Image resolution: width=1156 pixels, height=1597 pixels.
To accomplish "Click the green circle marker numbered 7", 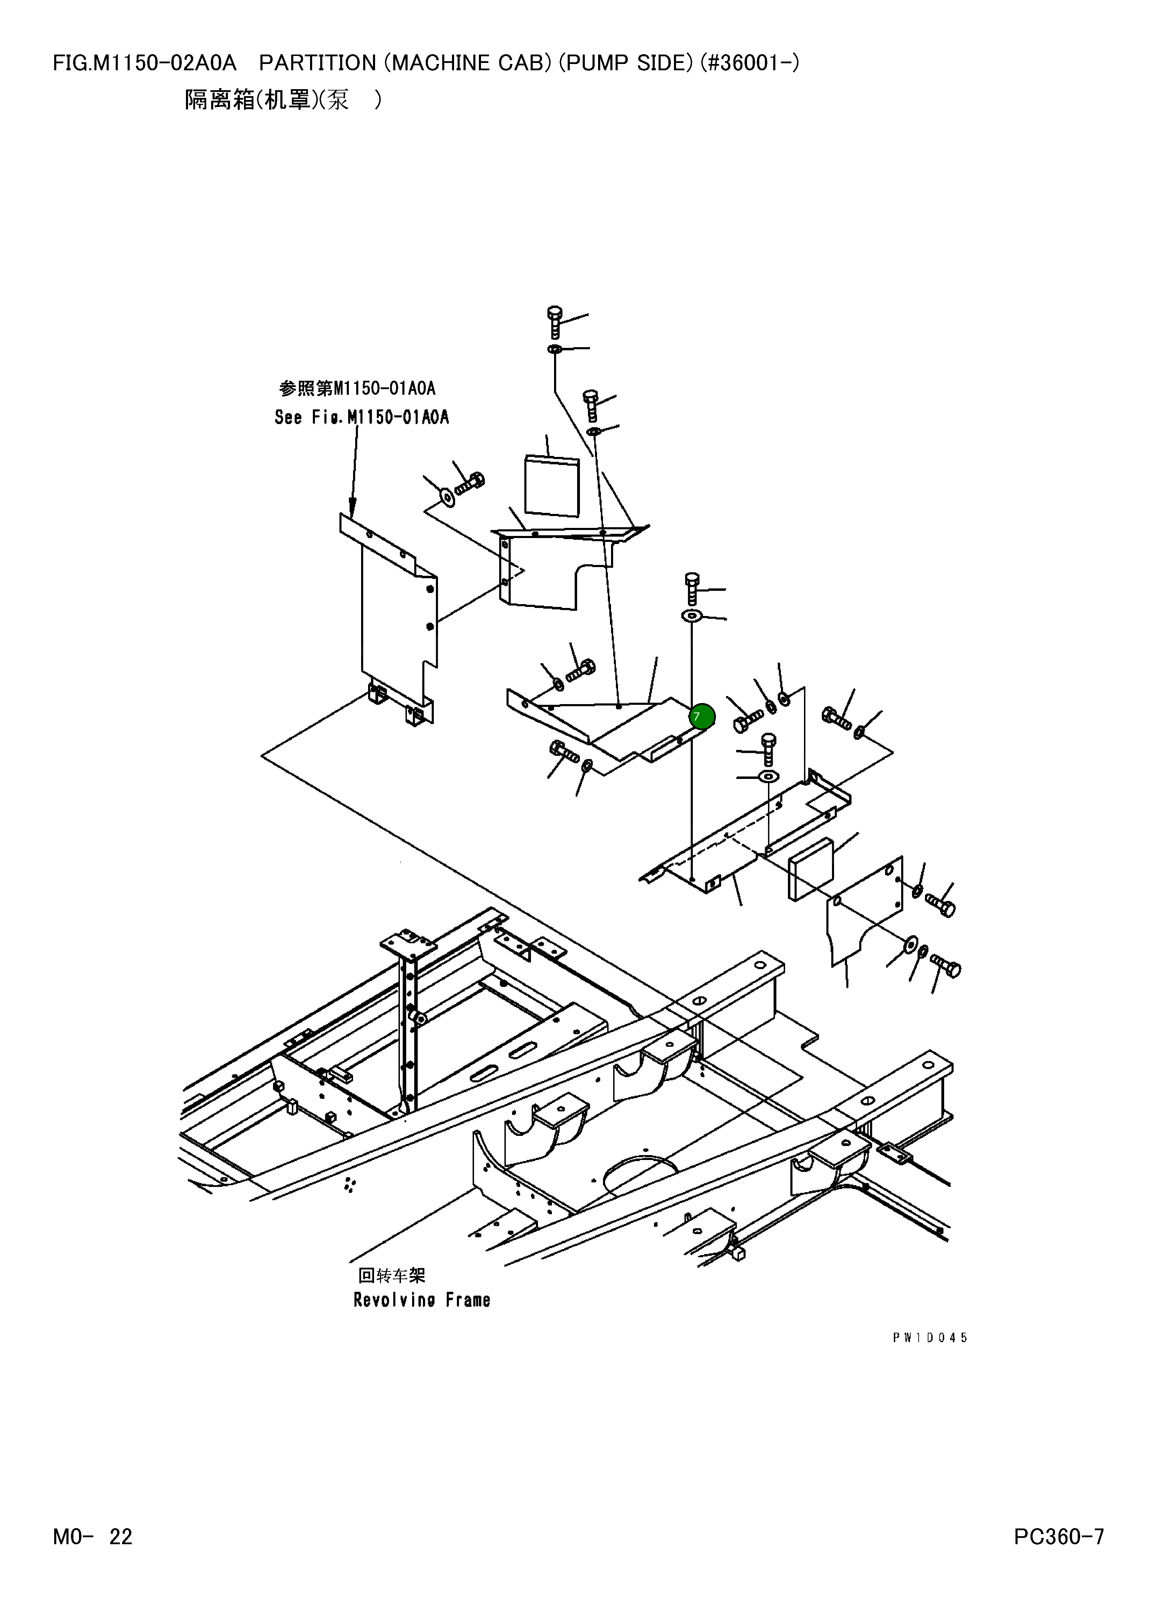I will pyautogui.click(x=702, y=717).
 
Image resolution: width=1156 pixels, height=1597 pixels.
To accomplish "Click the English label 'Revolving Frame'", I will pyautogui.click(x=422, y=1300).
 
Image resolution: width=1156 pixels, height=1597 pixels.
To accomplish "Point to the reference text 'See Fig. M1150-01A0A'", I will pyautogui.click(x=361, y=417).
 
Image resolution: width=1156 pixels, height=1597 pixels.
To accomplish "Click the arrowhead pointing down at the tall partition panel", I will pyautogui.click(x=352, y=506).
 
